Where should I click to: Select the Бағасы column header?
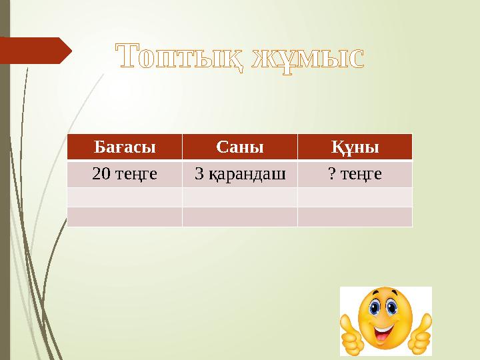(125, 147)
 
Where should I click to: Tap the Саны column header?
(240, 147)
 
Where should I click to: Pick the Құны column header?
(355, 147)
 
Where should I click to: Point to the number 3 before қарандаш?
(199, 175)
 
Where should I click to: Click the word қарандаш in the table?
(247, 175)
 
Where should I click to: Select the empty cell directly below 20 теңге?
(125, 197)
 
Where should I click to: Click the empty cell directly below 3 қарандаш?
(240, 197)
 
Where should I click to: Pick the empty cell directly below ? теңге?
(355, 197)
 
